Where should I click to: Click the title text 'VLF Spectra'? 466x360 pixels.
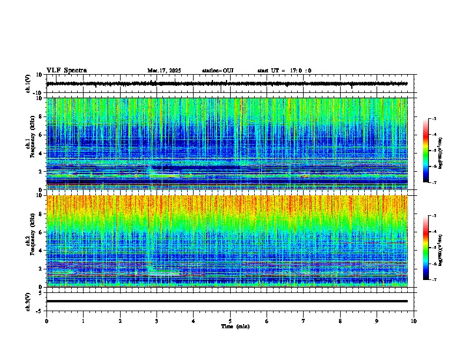pos(66,71)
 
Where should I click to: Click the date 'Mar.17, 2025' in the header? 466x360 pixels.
pos(164,71)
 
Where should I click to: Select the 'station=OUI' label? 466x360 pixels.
pos(218,71)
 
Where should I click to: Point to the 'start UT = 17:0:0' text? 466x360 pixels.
pos(284,71)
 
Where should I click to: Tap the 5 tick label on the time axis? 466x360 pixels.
pos(230,321)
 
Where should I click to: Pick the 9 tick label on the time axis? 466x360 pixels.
pos(377,321)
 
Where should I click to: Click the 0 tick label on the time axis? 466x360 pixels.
pos(46,321)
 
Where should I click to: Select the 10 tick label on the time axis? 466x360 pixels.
pos(414,321)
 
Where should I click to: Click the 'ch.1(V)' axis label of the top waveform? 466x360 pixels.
pos(28,84)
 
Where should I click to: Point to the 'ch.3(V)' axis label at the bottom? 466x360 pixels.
pos(28,301)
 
